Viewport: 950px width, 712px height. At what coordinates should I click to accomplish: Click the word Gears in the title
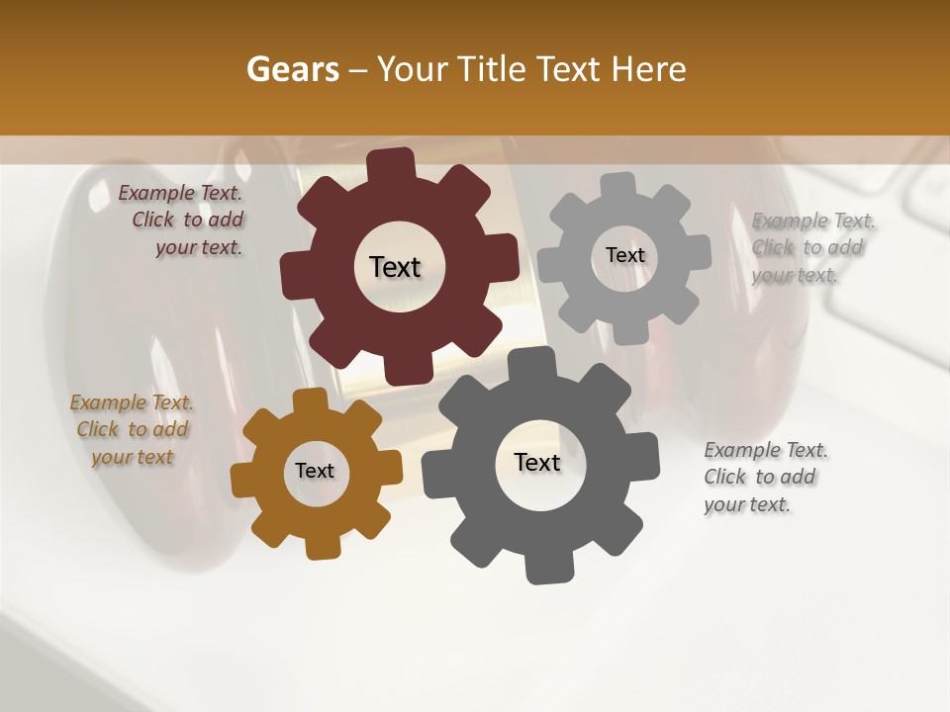(292, 69)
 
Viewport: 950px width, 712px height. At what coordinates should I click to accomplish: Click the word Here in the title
(649, 69)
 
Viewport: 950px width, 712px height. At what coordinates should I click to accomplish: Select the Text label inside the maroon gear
(395, 267)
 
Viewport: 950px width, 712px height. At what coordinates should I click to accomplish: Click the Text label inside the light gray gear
(624, 255)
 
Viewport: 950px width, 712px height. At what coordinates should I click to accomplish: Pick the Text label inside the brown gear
(314, 471)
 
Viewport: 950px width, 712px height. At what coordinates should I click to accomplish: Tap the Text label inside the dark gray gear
(537, 462)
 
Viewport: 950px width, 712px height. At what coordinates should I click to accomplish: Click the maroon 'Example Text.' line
(180, 194)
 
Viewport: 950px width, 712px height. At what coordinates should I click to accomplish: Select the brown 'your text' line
(132, 457)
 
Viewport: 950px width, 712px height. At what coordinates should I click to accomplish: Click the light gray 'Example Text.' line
(813, 221)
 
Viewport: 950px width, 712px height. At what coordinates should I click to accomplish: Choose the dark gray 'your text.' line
(747, 504)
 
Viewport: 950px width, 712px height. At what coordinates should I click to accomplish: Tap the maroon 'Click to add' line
(188, 221)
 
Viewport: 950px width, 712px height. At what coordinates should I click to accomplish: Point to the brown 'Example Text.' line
(132, 402)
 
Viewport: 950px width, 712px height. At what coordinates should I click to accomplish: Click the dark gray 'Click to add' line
(759, 477)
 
